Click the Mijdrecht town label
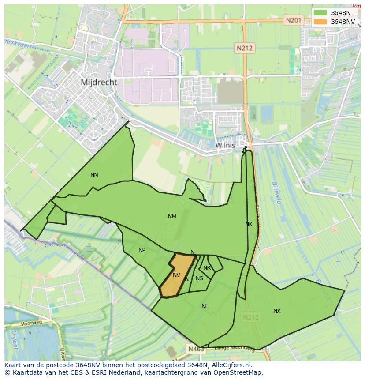(x=99, y=82)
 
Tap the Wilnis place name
(x=225, y=145)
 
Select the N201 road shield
(x=293, y=20)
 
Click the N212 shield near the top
(x=244, y=49)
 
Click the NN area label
(x=94, y=175)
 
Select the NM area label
(x=172, y=216)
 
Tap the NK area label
(x=249, y=224)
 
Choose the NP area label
(x=142, y=250)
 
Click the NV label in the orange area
(x=176, y=275)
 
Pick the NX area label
(x=277, y=311)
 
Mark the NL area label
(x=205, y=306)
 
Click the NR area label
(x=207, y=268)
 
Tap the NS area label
(x=199, y=278)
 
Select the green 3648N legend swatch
(x=320, y=13)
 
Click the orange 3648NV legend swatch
(x=320, y=22)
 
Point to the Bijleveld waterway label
(x=276, y=192)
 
